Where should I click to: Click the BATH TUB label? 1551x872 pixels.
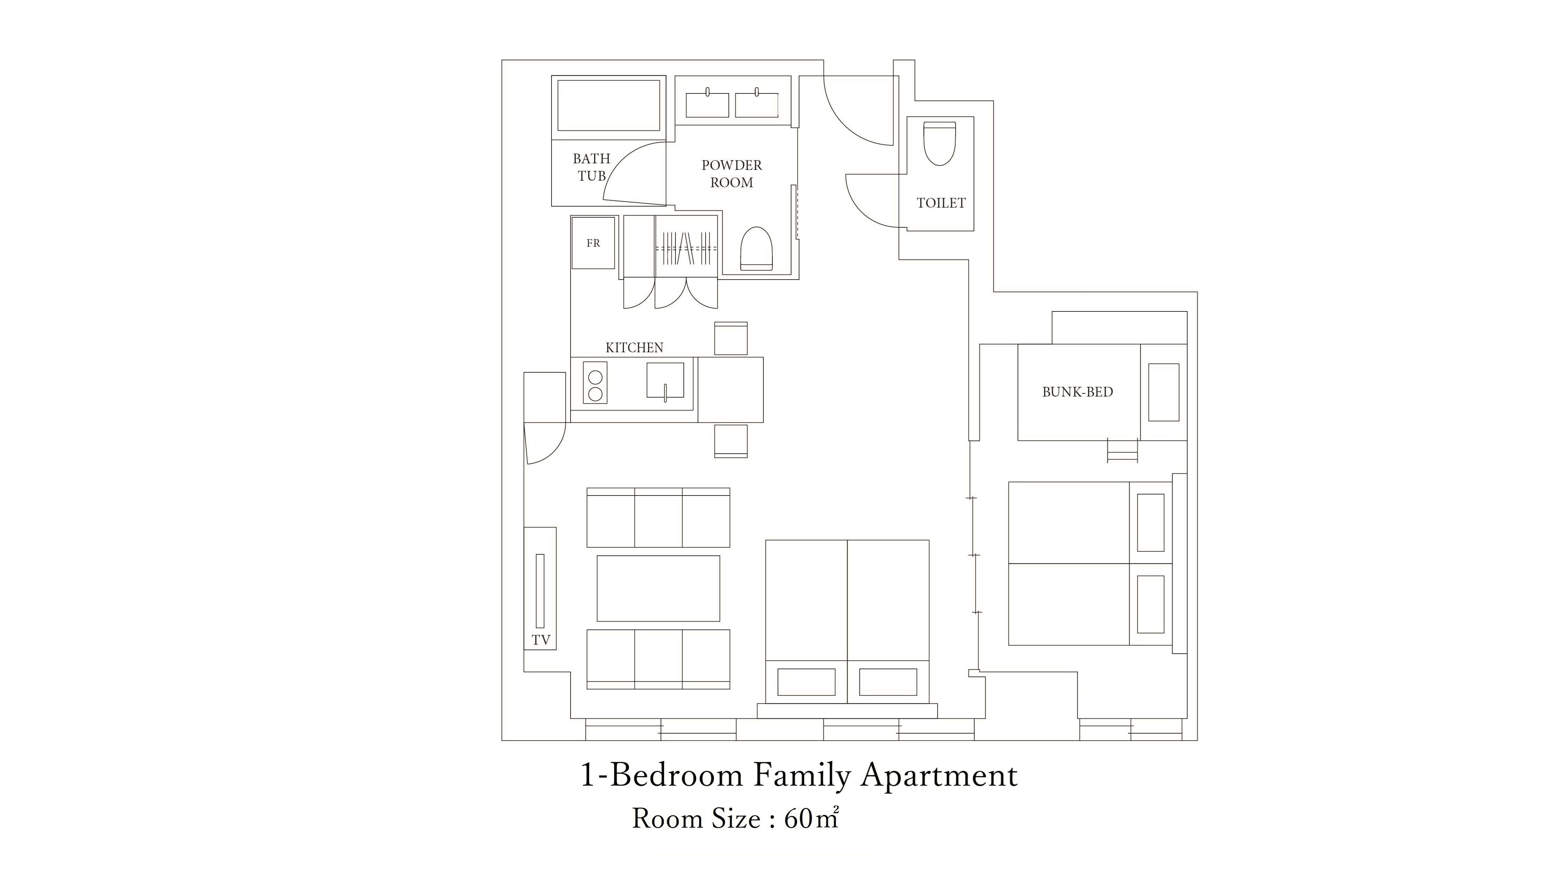pyautogui.click(x=591, y=167)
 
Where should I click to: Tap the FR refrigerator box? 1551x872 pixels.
pyautogui.click(x=593, y=243)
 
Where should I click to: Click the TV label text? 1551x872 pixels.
pyautogui.click(x=541, y=640)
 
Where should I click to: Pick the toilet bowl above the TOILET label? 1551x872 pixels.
pyautogui.click(x=940, y=143)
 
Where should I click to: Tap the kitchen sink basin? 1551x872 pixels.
pyautogui.click(x=665, y=380)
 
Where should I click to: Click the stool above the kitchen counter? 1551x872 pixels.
pyautogui.click(x=731, y=338)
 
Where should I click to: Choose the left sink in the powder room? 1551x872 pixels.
pyautogui.click(x=707, y=105)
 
